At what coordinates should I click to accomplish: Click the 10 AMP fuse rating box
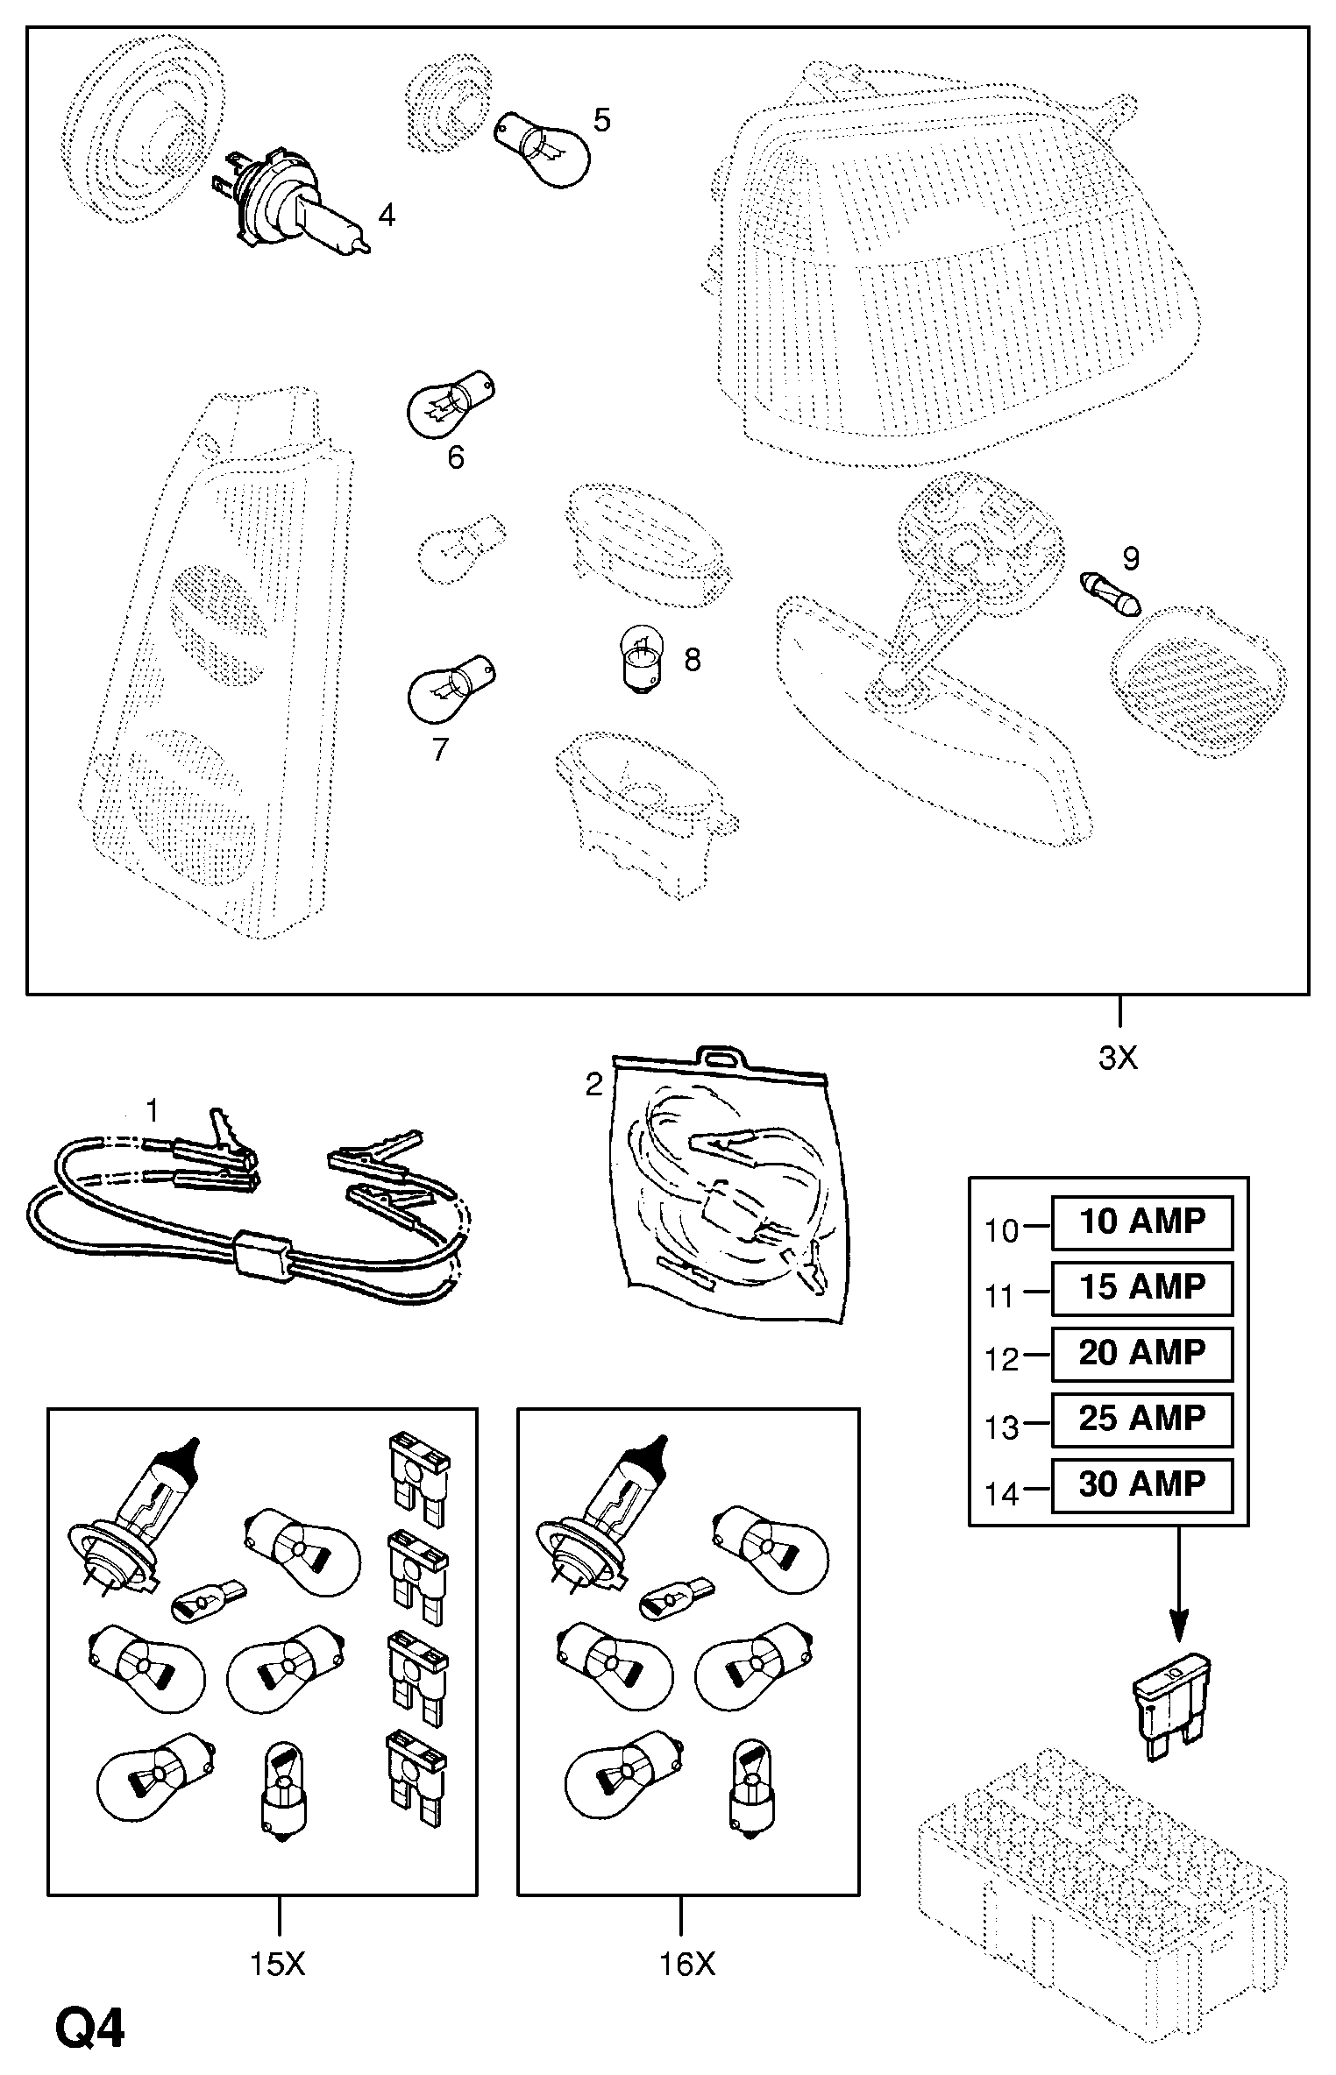pos(1142,1222)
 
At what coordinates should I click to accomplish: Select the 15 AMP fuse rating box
pos(1142,1288)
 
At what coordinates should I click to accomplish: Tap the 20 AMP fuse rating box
pos(1142,1354)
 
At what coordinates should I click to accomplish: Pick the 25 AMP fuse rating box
pos(1142,1420)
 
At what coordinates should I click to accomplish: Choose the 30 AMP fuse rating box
pos(1142,1485)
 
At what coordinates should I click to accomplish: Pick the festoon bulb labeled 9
pos(1111,596)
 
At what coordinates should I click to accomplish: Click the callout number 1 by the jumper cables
pos(153,1111)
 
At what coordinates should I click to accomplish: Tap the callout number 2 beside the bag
pos(594,1085)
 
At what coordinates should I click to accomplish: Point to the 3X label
pos(1118,1059)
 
